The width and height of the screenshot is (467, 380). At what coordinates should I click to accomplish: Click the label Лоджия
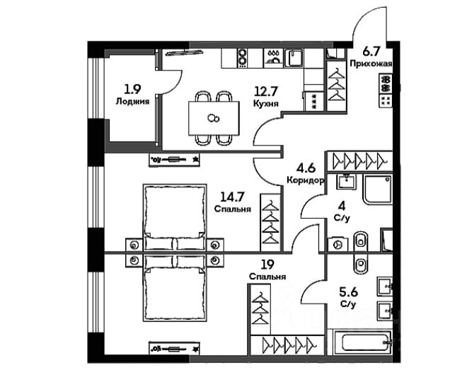[132, 101]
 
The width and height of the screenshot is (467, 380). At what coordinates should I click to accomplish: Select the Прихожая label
[371, 63]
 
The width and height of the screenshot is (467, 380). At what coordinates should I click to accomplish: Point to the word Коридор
[306, 180]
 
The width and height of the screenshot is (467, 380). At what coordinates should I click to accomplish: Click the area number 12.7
[265, 90]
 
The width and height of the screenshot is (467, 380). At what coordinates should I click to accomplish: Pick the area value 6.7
[371, 50]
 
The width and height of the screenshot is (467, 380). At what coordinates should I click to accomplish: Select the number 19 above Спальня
[267, 265]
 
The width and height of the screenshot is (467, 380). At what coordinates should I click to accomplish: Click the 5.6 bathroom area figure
[348, 292]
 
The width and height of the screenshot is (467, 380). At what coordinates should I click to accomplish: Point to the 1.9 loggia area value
[132, 89]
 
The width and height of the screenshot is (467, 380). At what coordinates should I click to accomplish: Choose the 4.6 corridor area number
[306, 168]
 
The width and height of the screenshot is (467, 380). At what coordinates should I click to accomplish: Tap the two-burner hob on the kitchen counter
[242, 56]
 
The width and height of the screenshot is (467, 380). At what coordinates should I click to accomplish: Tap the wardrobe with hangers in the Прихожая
[337, 84]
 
